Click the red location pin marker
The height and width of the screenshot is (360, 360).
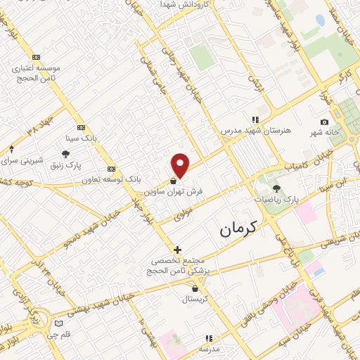[x=181, y=166]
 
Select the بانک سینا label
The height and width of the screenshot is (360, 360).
[x=79, y=138]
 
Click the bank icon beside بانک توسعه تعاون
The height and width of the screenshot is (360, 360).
[x=111, y=169]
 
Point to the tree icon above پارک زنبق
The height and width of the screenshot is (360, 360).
[x=65, y=154]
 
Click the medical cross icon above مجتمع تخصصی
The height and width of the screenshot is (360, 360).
[x=177, y=249]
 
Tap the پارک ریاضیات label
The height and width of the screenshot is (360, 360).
[x=276, y=200]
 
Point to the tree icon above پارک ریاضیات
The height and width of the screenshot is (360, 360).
[x=276, y=188]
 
